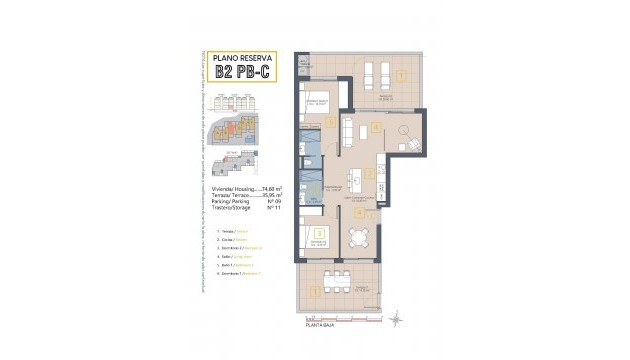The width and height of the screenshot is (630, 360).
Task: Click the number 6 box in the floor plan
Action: tap(331, 123)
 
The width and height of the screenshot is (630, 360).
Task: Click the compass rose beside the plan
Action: tap(395, 318)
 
